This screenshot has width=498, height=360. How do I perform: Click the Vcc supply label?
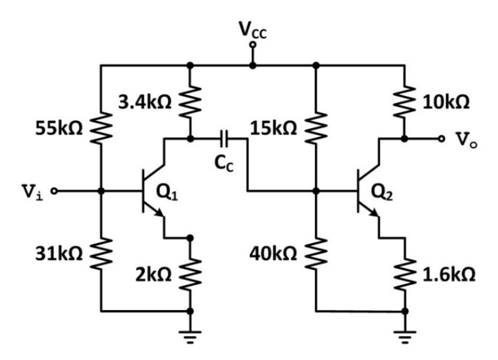253,30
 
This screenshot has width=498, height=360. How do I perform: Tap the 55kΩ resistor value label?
59,129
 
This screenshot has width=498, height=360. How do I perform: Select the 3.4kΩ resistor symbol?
190,101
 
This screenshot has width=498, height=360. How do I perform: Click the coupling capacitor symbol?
224,138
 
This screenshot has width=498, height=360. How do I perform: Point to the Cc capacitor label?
224,163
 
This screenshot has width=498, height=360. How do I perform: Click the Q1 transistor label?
167,192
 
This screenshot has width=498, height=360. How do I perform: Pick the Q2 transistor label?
382,192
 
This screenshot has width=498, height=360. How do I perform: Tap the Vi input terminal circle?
55,191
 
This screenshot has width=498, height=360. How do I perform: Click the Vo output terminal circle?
440,138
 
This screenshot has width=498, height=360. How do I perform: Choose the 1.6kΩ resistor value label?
449,274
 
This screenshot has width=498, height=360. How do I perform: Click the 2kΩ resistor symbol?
190,274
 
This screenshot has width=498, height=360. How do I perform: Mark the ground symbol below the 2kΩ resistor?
190,337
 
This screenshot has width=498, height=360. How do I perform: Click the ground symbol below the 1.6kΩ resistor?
405,337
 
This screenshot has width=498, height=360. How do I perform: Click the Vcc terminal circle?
253,45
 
